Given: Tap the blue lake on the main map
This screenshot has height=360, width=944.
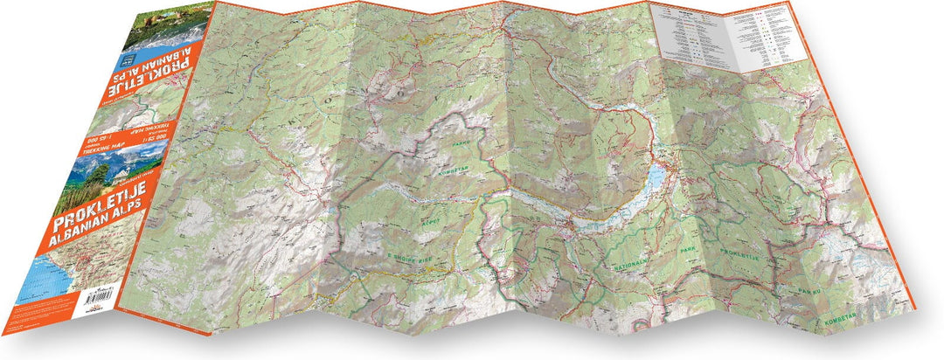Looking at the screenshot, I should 656,178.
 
